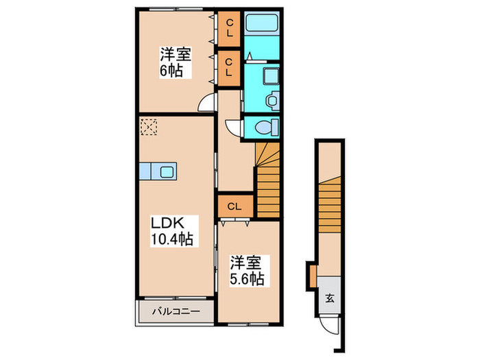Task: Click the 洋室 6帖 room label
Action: tap(176, 62)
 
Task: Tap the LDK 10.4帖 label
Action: tap(172, 231)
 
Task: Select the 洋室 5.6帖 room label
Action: tap(247, 271)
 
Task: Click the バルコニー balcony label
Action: tap(176, 311)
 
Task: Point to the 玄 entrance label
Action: tap(329, 298)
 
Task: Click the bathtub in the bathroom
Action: tap(262, 22)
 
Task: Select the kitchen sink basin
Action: tap(167, 171)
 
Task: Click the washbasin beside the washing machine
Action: tap(272, 100)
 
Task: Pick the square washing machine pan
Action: tap(271, 77)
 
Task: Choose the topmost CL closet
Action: tap(228, 29)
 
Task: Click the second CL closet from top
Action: tap(228, 68)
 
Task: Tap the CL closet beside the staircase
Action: tap(235, 206)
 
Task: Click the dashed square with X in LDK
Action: tap(149, 127)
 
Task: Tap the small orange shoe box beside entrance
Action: tap(313, 276)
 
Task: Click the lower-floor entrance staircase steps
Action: tap(330, 205)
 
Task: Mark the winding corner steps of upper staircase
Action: tap(268, 154)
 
